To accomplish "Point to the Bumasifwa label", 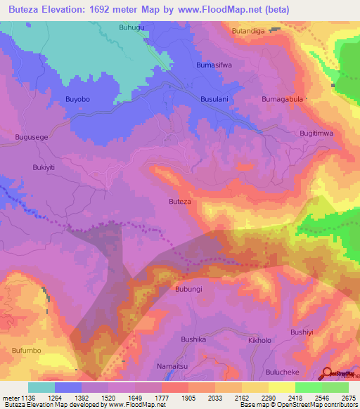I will pyautogui.click(x=214, y=65).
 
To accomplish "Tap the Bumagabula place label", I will pyautogui.click(x=282, y=100).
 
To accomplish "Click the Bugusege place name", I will pyautogui.click(x=32, y=138).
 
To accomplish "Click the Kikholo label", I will pyautogui.click(x=259, y=340).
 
